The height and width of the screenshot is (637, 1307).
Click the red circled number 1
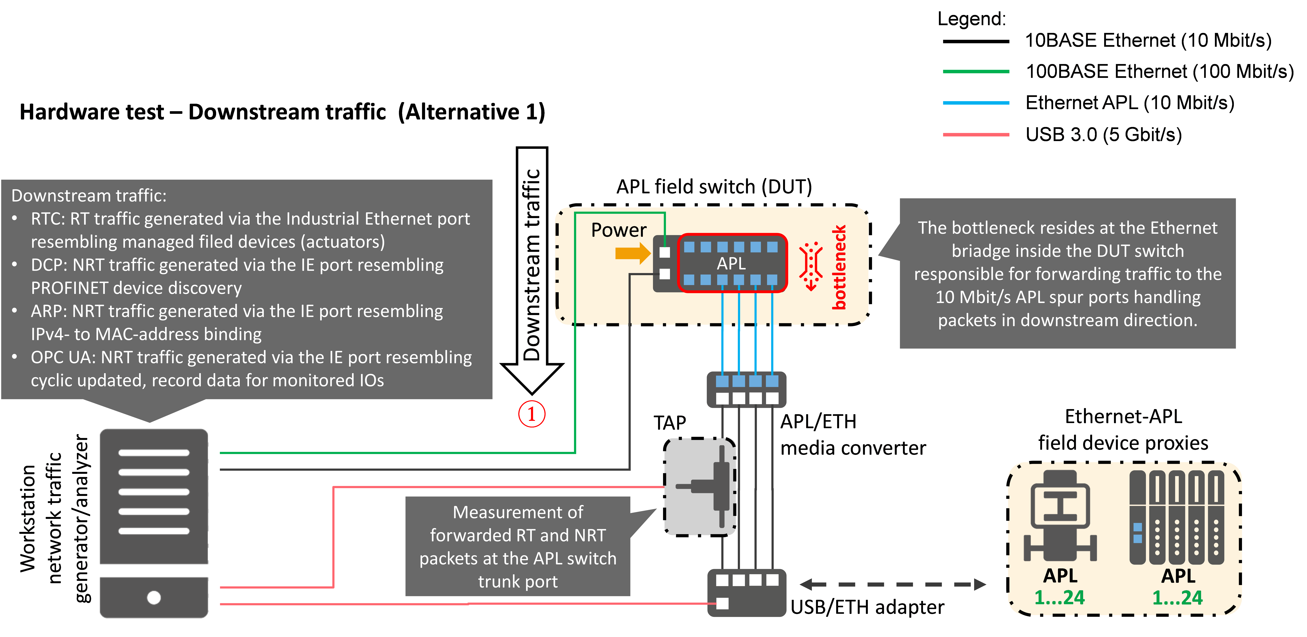[531, 414]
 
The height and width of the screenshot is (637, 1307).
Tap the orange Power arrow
[633, 253]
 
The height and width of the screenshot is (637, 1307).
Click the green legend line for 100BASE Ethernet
[976, 71]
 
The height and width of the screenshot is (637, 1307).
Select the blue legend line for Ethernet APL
[976, 103]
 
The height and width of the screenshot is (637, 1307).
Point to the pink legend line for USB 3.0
[976, 135]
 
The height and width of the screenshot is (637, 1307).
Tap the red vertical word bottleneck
[839, 267]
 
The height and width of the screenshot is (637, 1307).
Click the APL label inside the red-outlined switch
[731, 263]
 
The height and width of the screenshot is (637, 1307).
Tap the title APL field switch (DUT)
[714, 187]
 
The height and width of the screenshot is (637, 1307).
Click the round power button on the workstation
[154, 597]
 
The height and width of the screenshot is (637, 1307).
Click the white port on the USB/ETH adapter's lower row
[723, 604]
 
